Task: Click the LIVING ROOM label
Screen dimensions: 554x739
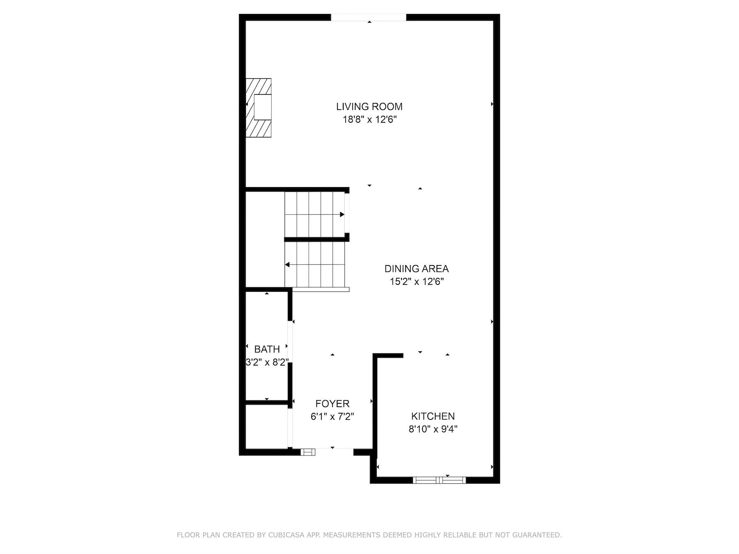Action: (x=369, y=107)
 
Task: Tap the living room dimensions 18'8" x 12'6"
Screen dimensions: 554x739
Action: (x=369, y=120)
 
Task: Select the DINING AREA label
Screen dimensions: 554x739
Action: (x=416, y=269)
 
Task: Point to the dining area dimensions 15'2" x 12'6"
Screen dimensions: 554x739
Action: (x=416, y=282)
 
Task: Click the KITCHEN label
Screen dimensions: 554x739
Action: (x=433, y=416)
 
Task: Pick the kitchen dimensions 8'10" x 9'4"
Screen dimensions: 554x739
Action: (x=433, y=429)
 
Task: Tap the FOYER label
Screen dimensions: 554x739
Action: (x=332, y=404)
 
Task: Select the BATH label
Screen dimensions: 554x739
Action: (x=267, y=349)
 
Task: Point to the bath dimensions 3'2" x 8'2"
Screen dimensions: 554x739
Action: (x=267, y=362)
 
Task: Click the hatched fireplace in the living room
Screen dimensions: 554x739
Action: (x=258, y=108)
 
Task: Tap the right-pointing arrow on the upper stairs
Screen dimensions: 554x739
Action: (x=342, y=215)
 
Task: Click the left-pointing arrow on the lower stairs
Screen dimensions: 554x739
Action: (x=287, y=265)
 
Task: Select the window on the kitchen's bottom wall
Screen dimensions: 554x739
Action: (x=439, y=480)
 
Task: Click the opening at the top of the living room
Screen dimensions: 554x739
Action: (x=368, y=17)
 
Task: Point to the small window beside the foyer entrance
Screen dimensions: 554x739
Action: (x=308, y=452)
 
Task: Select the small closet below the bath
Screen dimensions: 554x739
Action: (x=266, y=427)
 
